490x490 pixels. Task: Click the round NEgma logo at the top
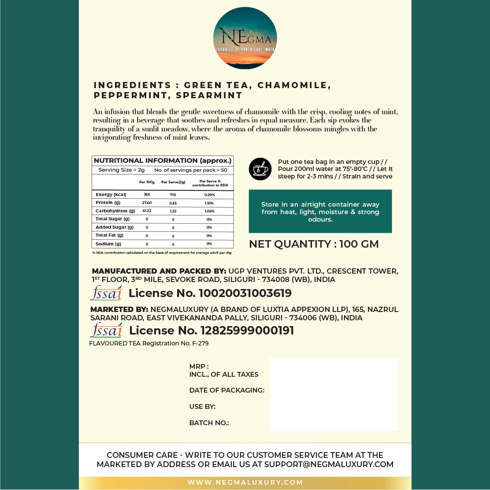click(x=245, y=38)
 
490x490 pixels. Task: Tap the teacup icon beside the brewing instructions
click(x=260, y=169)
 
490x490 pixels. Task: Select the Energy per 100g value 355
click(x=147, y=194)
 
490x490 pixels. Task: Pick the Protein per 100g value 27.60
click(x=147, y=203)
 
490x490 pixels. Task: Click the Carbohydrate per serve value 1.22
click(x=173, y=211)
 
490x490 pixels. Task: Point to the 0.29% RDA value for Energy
click(x=209, y=194)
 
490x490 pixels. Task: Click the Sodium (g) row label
click(x=108, y=244)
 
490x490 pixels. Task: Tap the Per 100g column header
click(x=147, y=182)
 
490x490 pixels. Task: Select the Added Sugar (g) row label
click(x=114, y=227)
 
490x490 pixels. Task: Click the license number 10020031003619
click(x=245, y=293)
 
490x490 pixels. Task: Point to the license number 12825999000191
click(x=247, y=330)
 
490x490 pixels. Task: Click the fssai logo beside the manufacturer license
click(x=106, y=293)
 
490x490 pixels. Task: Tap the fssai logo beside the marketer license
click(x=106, y=330)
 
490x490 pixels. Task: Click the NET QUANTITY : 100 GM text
click(x=314, y=244)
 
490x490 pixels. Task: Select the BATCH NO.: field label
click(x=209, y=423)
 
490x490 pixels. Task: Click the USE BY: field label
click(x=202, y=407)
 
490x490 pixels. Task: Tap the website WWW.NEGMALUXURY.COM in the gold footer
click(x=245, y=483)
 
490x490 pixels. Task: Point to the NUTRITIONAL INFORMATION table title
click(x=163, y=161)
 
